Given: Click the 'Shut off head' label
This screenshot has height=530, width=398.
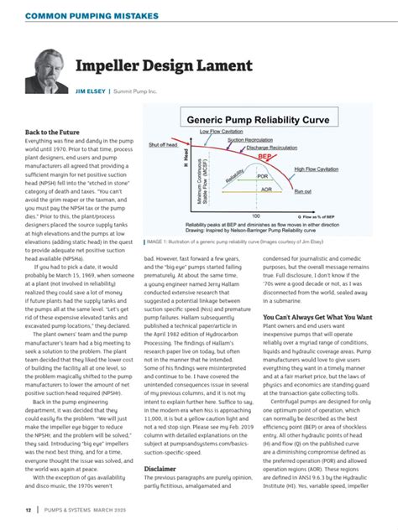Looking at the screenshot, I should coord(165,144).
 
